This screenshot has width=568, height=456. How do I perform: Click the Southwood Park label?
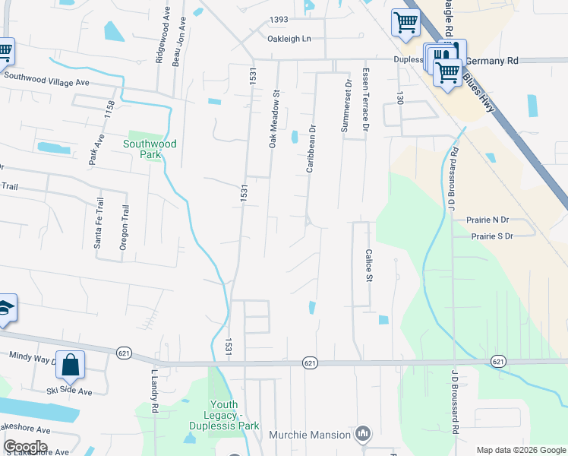coord(150,148)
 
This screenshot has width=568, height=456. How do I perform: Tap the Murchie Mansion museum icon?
coord(363,435)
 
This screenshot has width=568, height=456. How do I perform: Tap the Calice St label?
coord(369,265)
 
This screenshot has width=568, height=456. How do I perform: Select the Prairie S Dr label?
coord(492,236)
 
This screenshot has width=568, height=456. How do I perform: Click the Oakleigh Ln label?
coord(289,39)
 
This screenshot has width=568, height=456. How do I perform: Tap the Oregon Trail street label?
coord(124,226)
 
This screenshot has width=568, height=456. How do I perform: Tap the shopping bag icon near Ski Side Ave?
coord(70,365)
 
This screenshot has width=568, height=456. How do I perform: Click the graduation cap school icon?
coord(5,308)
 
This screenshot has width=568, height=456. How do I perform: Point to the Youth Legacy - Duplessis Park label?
coord(235,416)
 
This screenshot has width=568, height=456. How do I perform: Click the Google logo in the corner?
coord(25,447)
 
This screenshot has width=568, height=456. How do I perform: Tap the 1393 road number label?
coord(279,21)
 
